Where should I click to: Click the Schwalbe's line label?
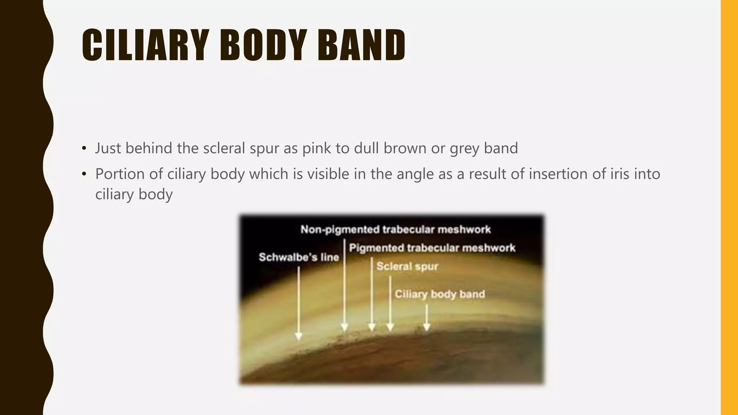[x=299, y=257]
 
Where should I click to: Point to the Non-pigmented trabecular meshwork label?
[x=396, y=229]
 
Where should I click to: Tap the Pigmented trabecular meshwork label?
[x=432, y=248]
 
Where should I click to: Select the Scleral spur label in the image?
[x=407, y=267]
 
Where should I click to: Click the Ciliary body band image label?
[x=440, y=294]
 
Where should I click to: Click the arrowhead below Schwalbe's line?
[x=298, y=336]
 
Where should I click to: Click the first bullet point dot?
[x=84, y=148]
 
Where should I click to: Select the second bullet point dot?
[x=84, y=174]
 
